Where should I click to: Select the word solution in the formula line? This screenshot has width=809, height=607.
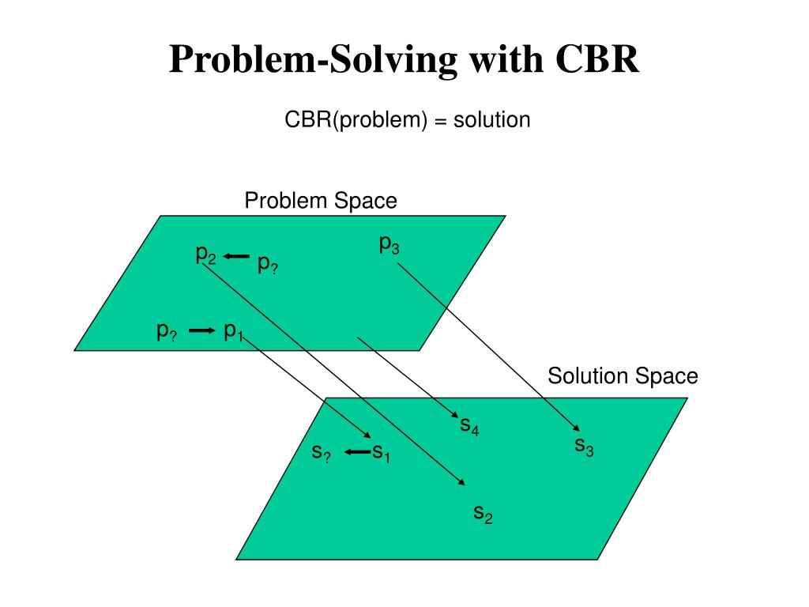(x=491, y=120)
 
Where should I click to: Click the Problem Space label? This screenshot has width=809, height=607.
(x=321, y=201)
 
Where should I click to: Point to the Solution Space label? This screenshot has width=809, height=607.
(x=623, y=375)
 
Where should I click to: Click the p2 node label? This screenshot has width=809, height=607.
(x=206, y=254)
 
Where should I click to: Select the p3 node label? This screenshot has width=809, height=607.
(x=389, y=245)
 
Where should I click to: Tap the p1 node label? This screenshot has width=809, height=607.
(x=233, y=330)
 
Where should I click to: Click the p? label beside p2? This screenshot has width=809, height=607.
(x=268, y=266)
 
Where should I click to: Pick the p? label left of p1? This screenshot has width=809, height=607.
(x=166, y=331)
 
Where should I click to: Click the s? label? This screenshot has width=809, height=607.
(x=321, y=453)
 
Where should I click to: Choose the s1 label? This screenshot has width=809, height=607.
(x=382, y=453)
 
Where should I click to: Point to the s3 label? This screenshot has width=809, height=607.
(x=584, y=447)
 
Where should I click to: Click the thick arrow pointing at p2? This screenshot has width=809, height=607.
(x=236, y=256)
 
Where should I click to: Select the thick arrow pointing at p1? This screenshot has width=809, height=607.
(x=202, y=330)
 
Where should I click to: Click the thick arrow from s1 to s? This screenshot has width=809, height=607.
(x=358, y=452)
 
